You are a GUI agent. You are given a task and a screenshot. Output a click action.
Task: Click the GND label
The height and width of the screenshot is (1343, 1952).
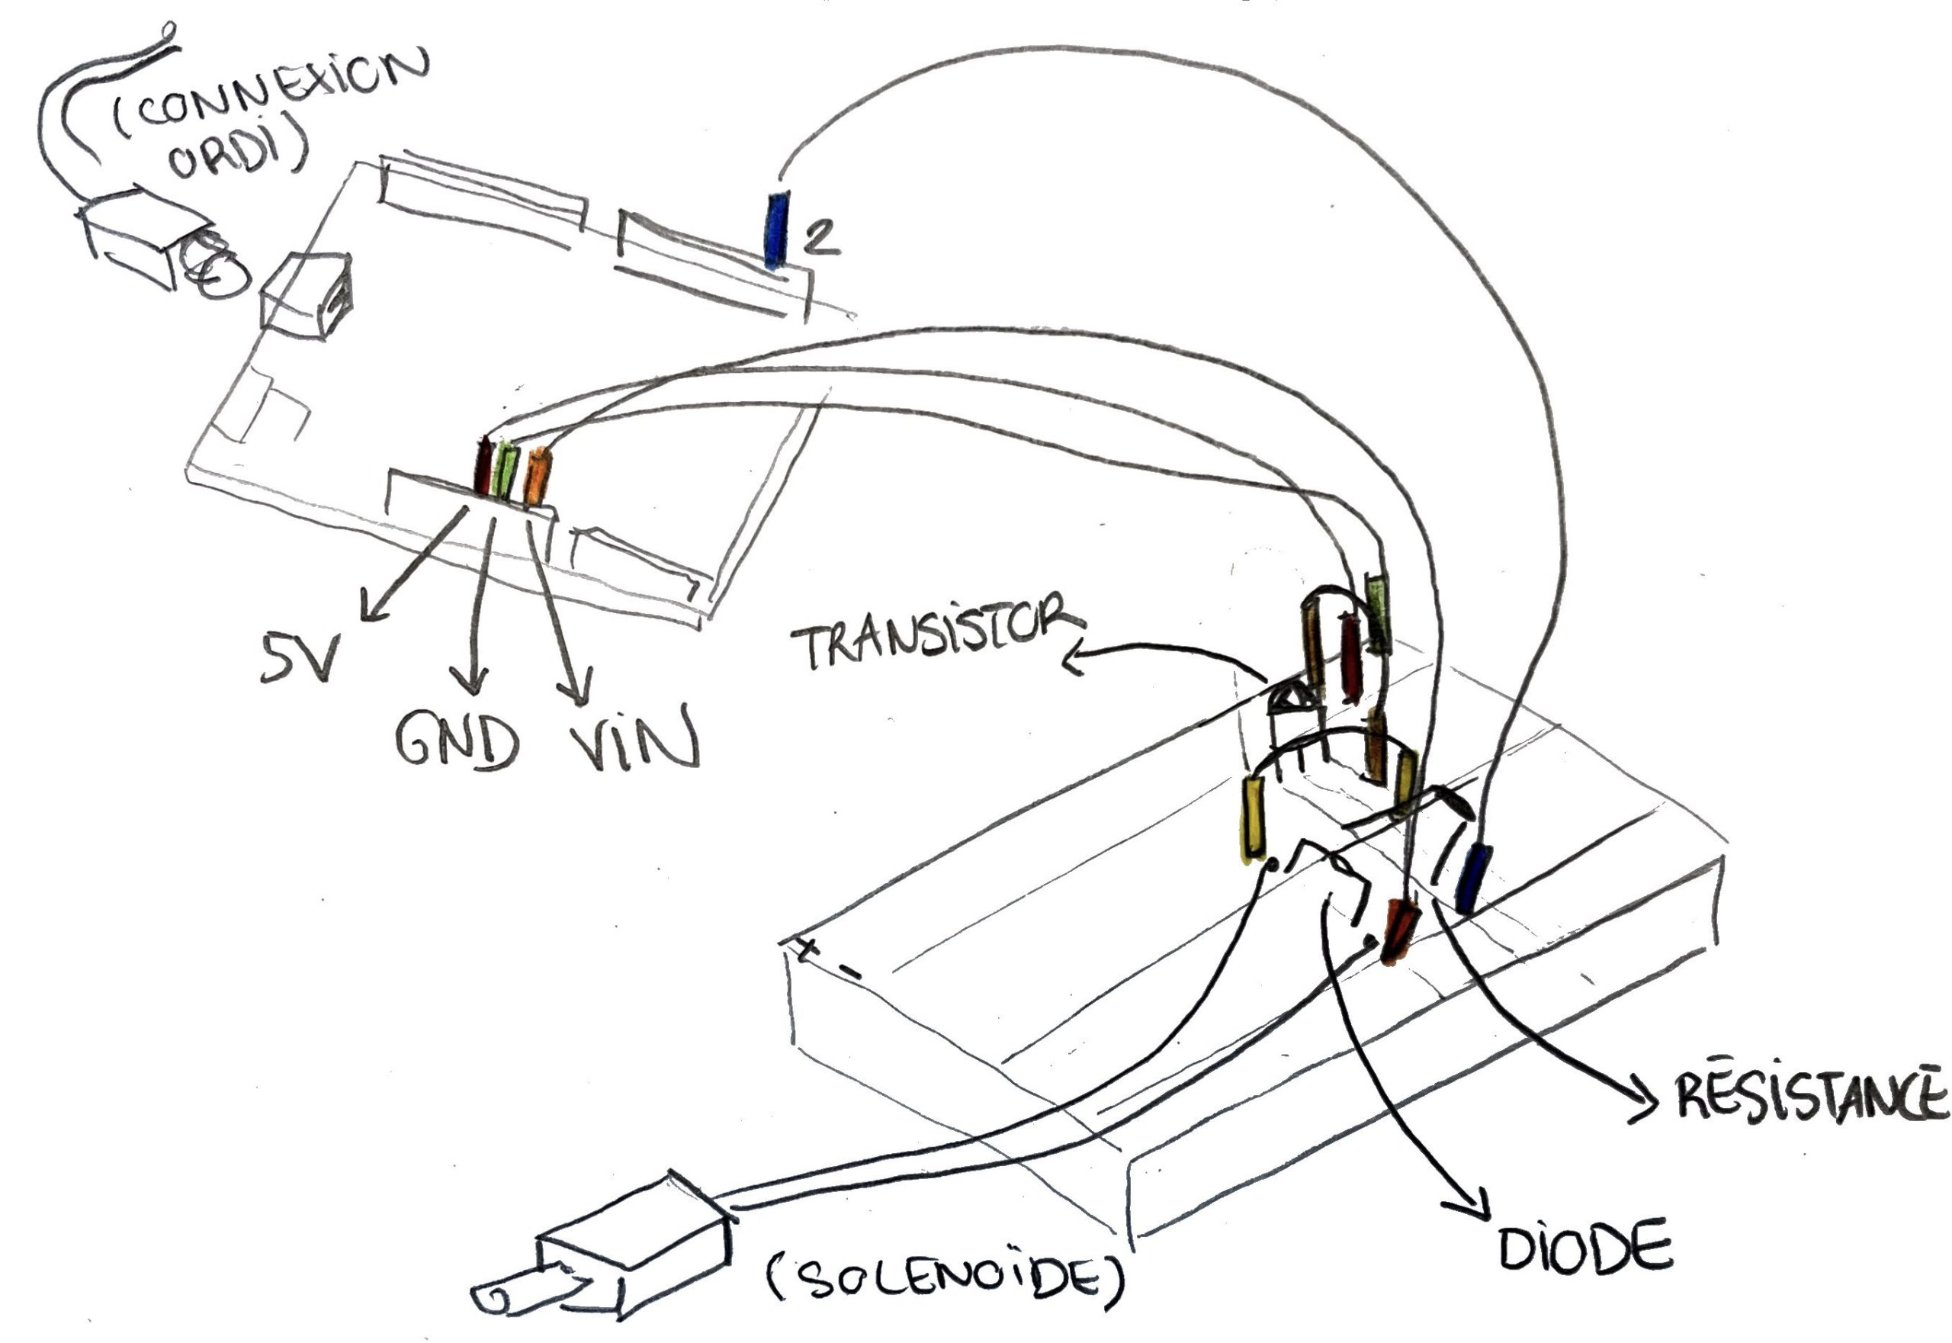455,741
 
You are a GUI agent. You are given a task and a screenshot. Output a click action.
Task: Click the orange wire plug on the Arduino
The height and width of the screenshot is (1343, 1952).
537,477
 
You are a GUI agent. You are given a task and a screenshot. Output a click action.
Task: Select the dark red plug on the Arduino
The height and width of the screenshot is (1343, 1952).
483,467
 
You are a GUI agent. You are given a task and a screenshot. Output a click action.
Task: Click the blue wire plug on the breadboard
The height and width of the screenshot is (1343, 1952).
1472,879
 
